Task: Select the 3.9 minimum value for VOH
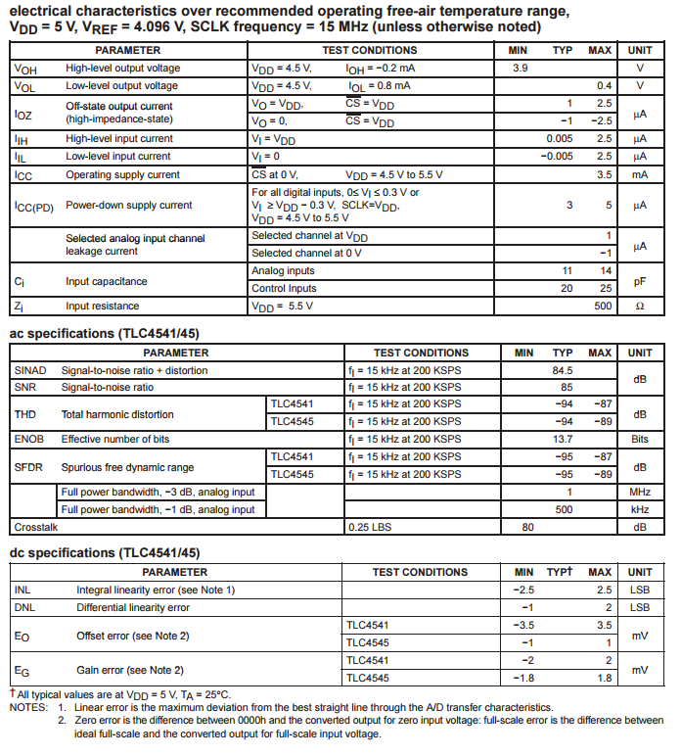click(x=521, y=68)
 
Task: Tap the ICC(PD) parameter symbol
click(x=34, y=206)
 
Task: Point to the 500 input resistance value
click(x=602, y=306)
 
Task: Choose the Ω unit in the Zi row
click(x=640, y=306)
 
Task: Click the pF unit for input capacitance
click(x=640, y=280)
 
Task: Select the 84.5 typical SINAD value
click(x=562, y=370)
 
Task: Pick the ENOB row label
click(x=29, y=440)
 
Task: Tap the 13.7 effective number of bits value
click(x=563, y=440)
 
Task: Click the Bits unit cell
click(x=640, y=440)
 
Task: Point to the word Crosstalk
click(x=36, y=527)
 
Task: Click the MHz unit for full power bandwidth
click(x=640, y=492)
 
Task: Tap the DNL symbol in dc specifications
click(x=23, y=607)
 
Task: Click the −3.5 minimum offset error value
click(x=523, y=625)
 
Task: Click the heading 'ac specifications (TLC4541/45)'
click(x=106, y=333)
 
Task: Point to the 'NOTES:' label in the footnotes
click(x=29, y=707)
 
